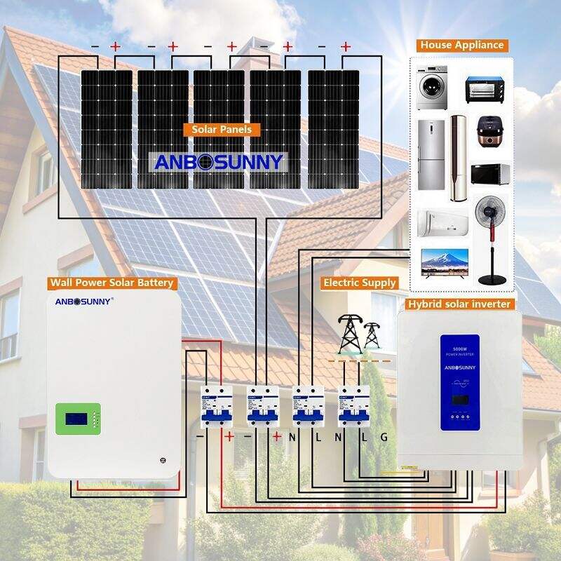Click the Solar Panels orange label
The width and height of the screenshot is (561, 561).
click(222, 130)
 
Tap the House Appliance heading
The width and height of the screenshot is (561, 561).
click(462, 45)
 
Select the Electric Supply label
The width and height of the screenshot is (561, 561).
click(359, 283)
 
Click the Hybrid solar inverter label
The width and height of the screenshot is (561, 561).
click(459, 304)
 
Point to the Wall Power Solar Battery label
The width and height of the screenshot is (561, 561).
click(111, 283)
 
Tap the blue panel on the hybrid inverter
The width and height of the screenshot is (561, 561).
click(459, 382)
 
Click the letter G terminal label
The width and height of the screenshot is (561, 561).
click(384, 437)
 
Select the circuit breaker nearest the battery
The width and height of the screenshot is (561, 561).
click(216, 406)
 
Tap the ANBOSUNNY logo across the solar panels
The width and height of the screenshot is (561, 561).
click(219, 162)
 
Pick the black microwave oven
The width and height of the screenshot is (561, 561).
click(489, 175)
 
